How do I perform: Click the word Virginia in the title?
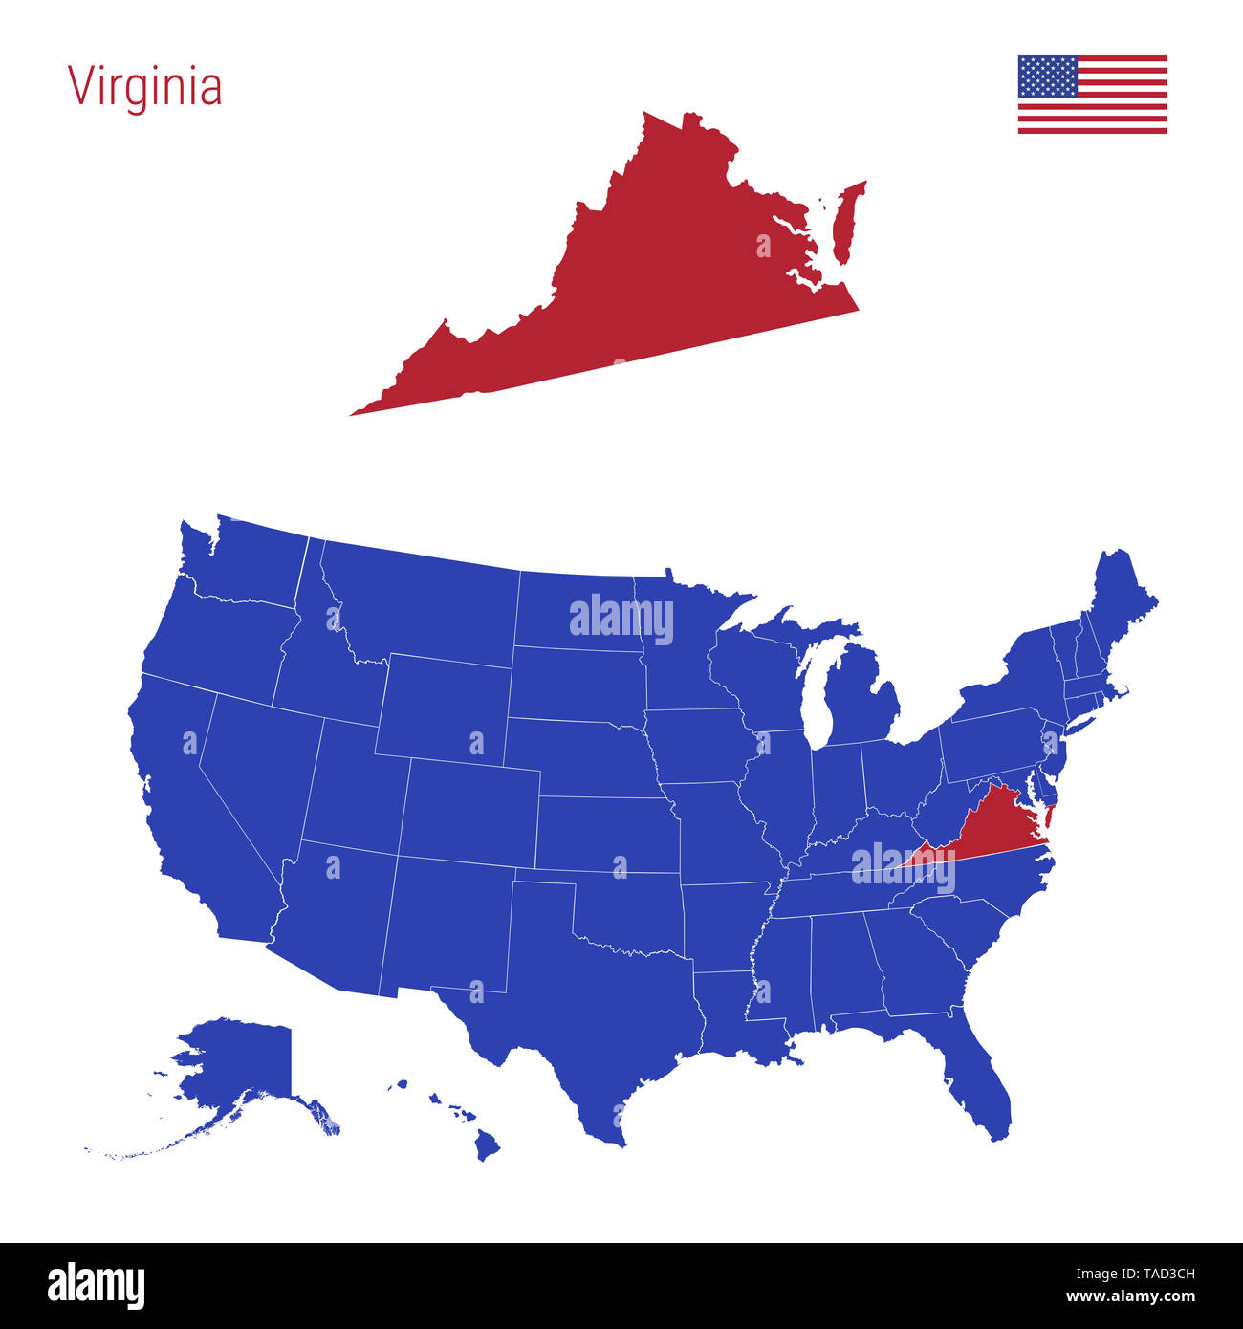144,87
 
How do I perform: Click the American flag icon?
1092,95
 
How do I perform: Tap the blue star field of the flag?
1047,76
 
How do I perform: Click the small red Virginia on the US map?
994,827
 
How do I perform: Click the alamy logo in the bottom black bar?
96,1286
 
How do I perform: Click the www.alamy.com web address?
1130,1297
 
